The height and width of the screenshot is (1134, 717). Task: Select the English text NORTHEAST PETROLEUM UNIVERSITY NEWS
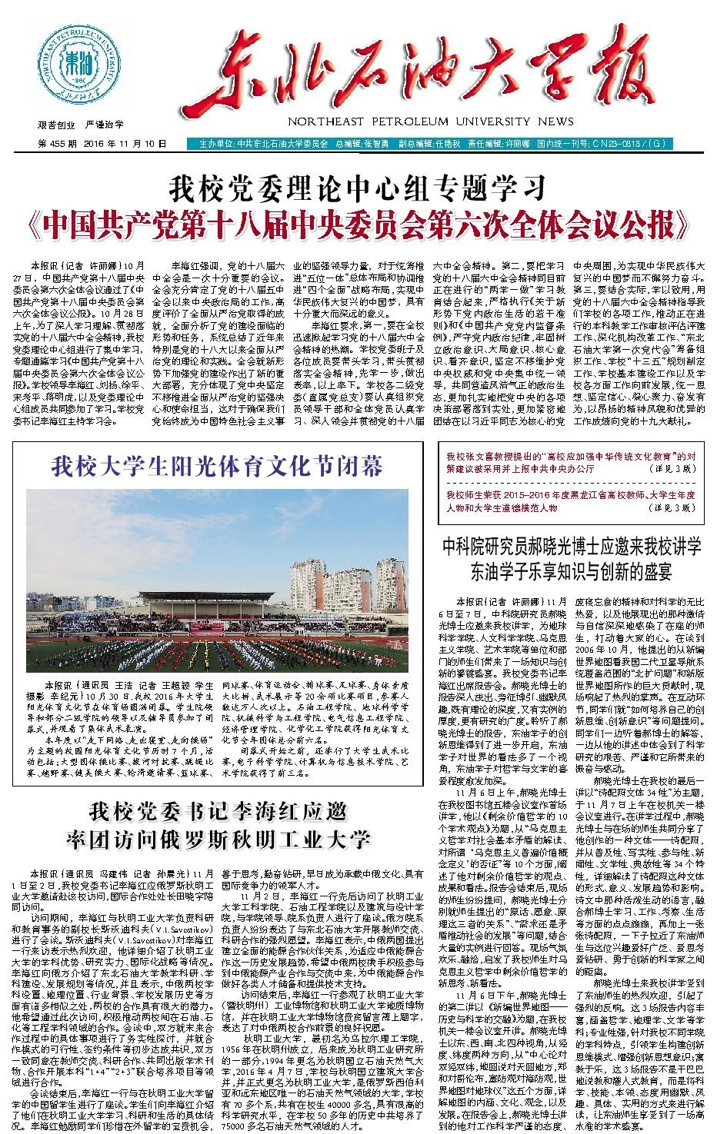(x=431, y=121)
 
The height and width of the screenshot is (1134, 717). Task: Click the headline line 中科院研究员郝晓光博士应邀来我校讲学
(x=572, y=547)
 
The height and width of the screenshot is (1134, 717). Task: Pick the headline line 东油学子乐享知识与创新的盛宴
(x=572, y=572)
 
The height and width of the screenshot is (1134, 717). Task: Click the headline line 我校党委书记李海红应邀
(x=218, y=812)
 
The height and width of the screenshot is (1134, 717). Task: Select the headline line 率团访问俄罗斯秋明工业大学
(x=218, y=838)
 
